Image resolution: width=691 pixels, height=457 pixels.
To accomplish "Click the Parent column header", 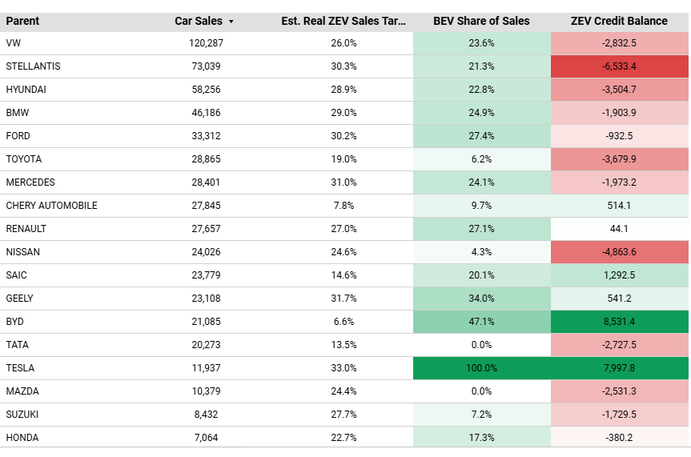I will (x=22, y=21).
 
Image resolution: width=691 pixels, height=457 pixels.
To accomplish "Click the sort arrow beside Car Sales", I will (x=231, y=22).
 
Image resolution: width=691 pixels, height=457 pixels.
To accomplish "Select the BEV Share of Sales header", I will (x=481, y=21).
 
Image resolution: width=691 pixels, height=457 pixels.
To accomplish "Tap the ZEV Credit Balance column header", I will (x=619, y=21).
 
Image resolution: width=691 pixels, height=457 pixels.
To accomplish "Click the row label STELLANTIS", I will (x=33, y=66).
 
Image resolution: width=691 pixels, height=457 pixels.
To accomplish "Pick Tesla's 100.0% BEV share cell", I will (x=481, y=368).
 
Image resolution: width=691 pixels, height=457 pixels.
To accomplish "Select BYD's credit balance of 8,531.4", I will (x=619, y=322).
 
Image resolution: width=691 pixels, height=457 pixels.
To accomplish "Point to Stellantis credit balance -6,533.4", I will (x=619, y=66).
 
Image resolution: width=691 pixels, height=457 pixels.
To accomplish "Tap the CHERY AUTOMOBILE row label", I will (x=51, y=206).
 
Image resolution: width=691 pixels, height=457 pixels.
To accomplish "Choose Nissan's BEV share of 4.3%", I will (x=481, y=252).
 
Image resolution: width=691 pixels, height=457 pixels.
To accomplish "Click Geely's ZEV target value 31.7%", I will (x=343, y=299).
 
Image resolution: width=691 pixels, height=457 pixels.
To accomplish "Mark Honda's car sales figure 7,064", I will (x=206, y=438).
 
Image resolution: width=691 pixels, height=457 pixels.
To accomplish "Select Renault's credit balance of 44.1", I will (x=619, y=229).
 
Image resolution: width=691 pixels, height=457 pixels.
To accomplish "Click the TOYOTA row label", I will (x=24, y=159).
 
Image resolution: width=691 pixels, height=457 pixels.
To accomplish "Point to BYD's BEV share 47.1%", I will (x=481, y=322).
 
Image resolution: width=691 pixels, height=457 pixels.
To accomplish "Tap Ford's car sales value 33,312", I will (x=206, y=136).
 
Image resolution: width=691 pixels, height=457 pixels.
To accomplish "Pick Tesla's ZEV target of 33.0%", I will (x=343, y=368).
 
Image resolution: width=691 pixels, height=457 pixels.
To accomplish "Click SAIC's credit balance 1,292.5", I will (x=619, y=275).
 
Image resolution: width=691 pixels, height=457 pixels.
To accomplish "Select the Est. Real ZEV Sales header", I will (x=343, y=21).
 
